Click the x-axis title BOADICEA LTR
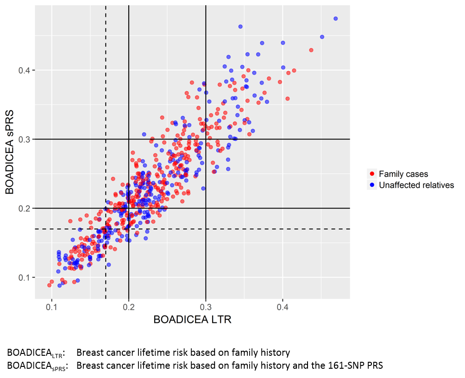pyautogui.click(x=192, y=320)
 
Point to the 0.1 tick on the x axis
pyautogui.click(x=52, y=307)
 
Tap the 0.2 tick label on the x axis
pyautogui.click(x=129, y=307)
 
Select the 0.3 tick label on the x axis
pyautogui.click(x=206, y=307)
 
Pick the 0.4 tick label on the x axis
pyautogui.click(x=283, y=307)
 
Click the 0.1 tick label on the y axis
pyautogui.click(x=24, y=277)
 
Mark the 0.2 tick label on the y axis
pyautogui.click(x=24, y=208)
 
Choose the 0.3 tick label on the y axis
pyautogui.click(x=24, y=139)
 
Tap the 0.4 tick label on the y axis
pyautogui.click(x=24, y=70)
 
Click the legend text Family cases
pyautogui.click(x=403, y=174)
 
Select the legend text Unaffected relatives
pyautogui.click(x=416, y=185)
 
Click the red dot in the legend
pyautogui.click(x=372, y=174)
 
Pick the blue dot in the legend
pyautogui.click(x=372, y=185)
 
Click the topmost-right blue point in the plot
pyautogui.click(x=336, y=19)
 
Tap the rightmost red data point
pyautogui.click(x=311, y=50)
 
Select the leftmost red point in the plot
pyautogui.click(x=50, y=285)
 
